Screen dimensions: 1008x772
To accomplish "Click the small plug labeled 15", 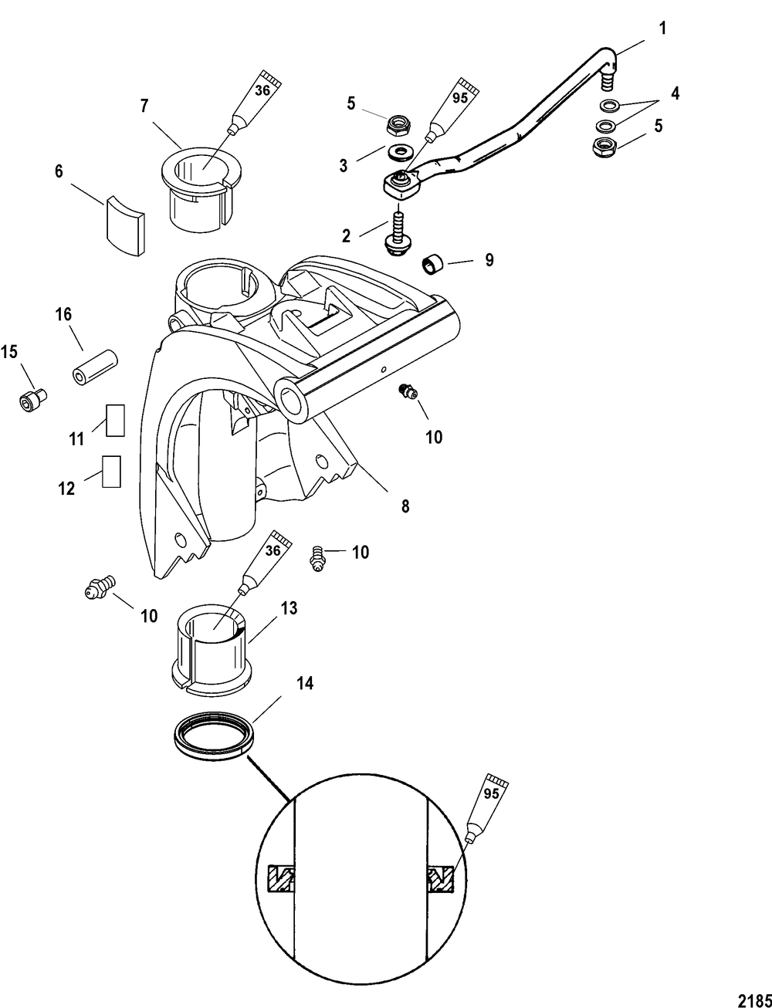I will point(32,400).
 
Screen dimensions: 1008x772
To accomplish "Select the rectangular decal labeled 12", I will point(111,471).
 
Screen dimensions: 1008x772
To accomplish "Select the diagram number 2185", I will point(753,998).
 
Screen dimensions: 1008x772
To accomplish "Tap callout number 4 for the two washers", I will point(674,95).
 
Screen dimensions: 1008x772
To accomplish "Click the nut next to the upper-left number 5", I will point(398,123).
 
